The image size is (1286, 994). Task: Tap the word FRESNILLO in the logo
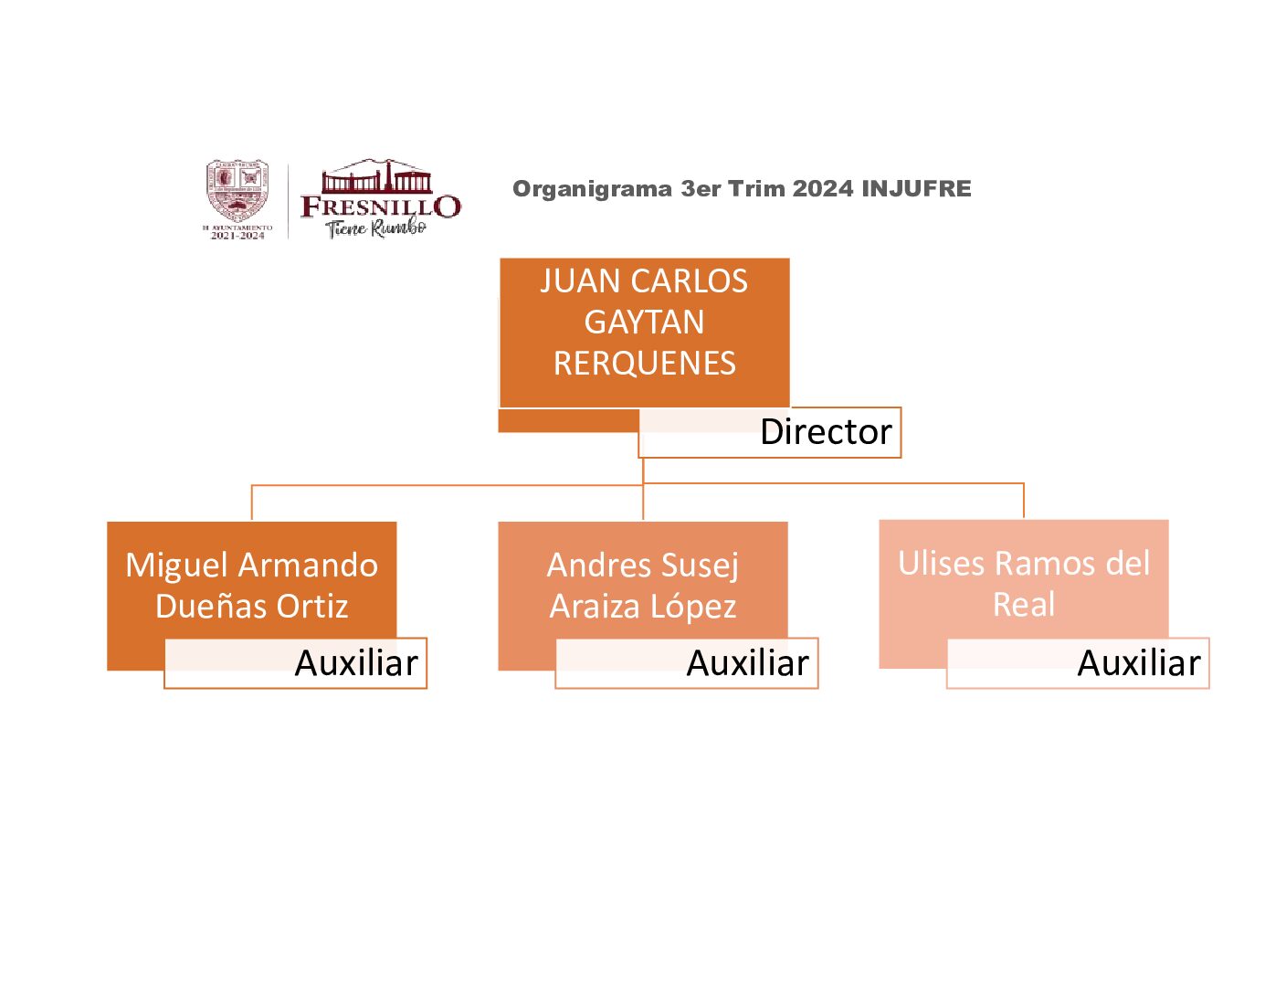tap(381, 206)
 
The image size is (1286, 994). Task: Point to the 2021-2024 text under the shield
tap(237, 236)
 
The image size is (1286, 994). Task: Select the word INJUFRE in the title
tap(916, 189)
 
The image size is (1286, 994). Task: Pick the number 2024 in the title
tap(823, 189)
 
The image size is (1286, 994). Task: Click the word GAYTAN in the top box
tap(644, 323)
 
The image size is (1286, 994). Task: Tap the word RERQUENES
tap(644, 364)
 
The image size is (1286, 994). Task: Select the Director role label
tap(826, 432)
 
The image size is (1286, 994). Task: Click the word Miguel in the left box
tap(176, 566)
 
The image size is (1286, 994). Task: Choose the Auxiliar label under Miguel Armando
tap(356, 663)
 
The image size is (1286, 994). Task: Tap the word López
tap(693, 607)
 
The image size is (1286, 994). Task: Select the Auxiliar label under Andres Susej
tap(747, 663)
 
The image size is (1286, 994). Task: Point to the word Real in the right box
tap(1024, 605)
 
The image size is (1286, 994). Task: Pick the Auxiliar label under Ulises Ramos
tap(1139, 663)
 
